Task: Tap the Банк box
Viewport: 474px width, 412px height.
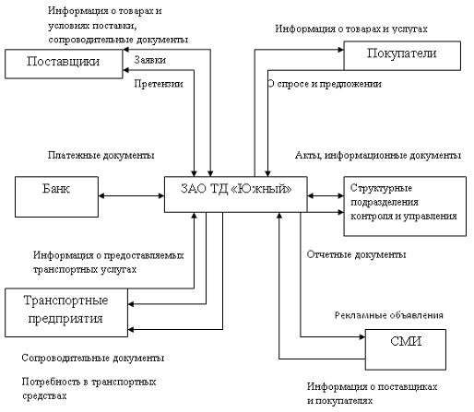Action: coord(55,194)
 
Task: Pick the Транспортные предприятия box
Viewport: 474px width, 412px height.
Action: coord(65,310)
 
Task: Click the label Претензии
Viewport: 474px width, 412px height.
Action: coord(158,84)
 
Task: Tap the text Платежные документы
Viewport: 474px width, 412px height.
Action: coord(102,156)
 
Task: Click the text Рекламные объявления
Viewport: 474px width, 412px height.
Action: coord(388,315)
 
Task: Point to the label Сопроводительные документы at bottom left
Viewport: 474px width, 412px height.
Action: coord(92,357)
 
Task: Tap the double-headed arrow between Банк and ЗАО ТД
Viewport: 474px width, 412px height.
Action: coord(130,195)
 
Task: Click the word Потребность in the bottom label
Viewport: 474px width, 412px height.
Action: coord(53,381)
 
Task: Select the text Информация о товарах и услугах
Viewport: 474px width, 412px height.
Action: coord(351,29)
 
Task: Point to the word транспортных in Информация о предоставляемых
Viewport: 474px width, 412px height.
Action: coord(64,271)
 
